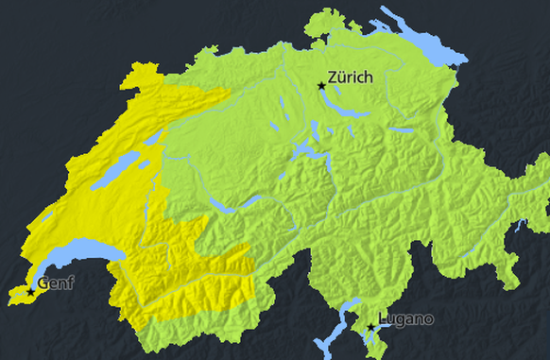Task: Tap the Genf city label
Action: click(x=55, y=282)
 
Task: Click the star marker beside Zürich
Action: click(x=321, y=86)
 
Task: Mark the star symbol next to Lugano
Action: click(x=370, y=328)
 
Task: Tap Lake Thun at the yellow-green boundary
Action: click(x=220, y=205)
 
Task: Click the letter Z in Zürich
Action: click(x=333, y=77)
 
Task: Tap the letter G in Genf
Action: click(x=43, y=282)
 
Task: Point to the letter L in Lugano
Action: click(x=383, y=318)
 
